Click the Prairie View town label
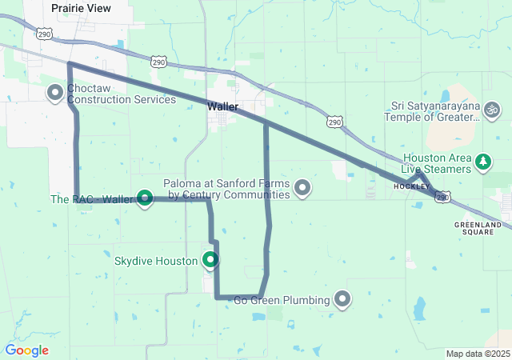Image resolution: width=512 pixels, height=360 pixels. click(81, 7)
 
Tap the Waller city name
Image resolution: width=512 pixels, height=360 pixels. click(222, 106)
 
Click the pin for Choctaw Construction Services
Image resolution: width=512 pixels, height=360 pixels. click(55, 93)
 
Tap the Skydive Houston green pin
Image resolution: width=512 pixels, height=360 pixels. click(210, 259)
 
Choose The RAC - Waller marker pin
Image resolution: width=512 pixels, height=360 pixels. click(145, 197)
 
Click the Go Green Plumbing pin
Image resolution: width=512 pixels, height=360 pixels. click(343, 299)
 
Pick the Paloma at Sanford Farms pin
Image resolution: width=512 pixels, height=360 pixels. click(302, 188)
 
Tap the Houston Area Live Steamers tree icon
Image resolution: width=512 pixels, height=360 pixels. click(483, 162)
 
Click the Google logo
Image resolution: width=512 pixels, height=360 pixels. click(26, 350)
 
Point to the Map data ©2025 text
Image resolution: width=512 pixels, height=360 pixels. click(477, 354)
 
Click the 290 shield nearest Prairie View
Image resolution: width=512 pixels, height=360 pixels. click(45, 34)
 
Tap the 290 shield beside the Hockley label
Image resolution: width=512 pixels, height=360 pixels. click(443, 196)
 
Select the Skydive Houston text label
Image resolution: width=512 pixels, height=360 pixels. click(155, 262)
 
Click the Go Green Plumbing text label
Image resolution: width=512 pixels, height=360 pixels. click(282, 301)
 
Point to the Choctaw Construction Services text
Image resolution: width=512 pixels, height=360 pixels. click(122, 94)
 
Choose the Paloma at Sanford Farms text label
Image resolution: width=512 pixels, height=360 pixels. click(226, 189)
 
